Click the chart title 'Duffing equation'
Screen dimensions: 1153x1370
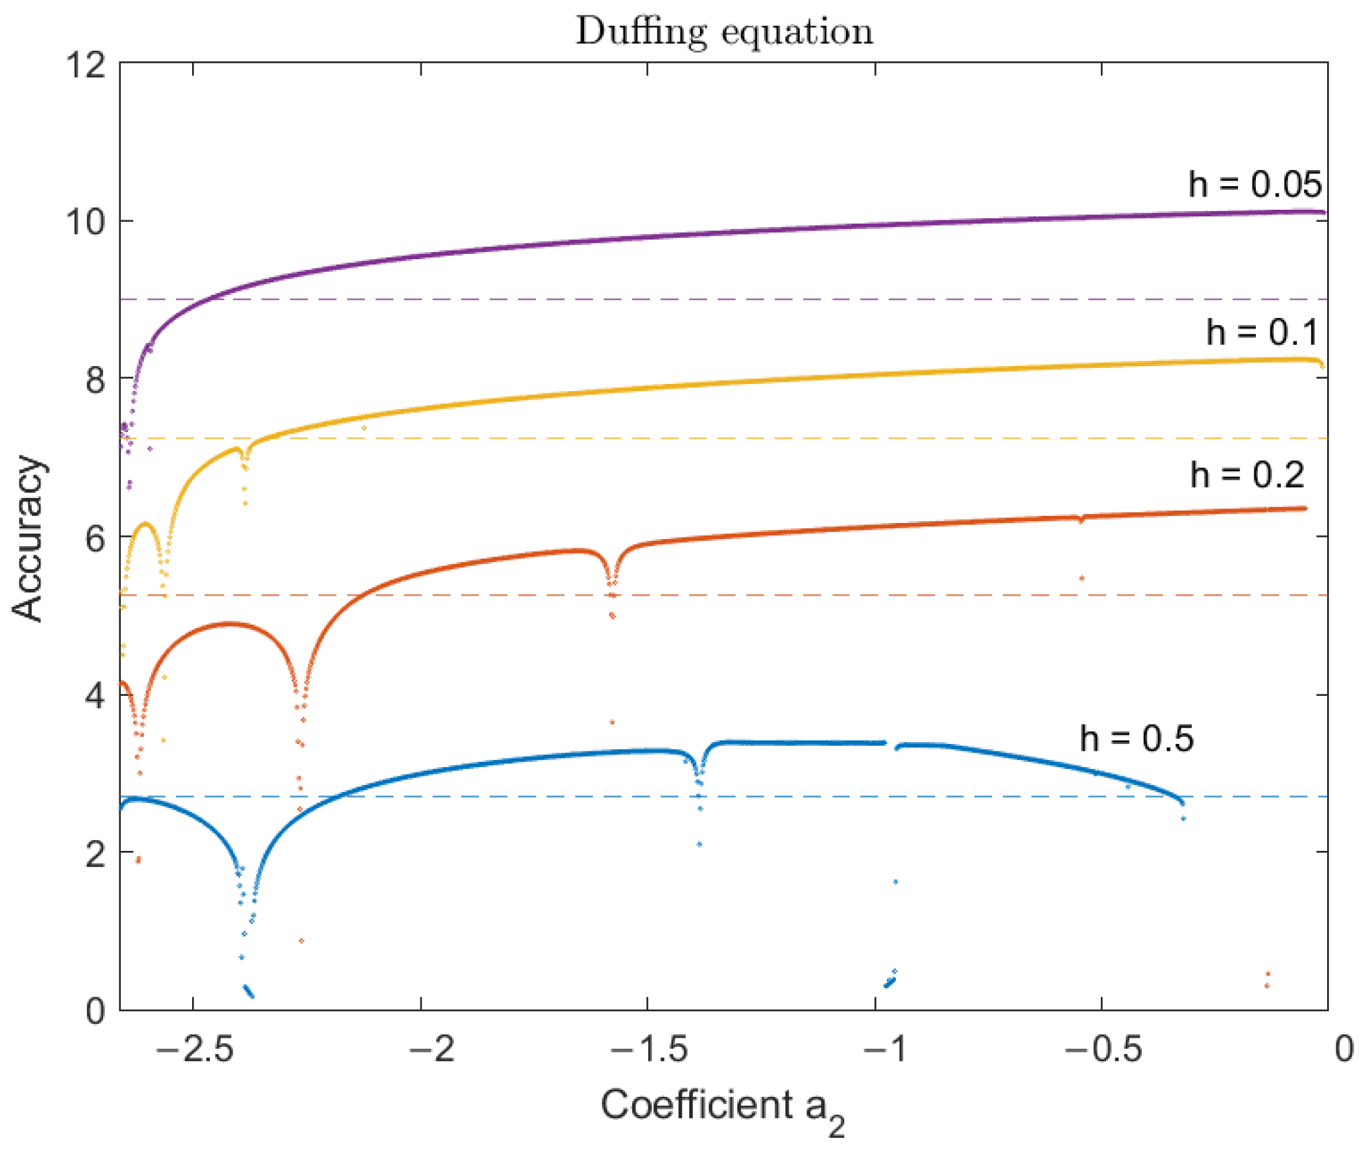point(724,32)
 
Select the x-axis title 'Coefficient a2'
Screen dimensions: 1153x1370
point(723,1107)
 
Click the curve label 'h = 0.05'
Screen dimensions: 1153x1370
point(1255,184)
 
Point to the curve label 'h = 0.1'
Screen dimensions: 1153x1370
point(1261,332)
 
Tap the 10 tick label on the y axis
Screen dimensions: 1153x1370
point(85,222)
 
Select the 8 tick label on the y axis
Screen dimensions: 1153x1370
point(95,379)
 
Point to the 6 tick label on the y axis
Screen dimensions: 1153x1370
point(95,538)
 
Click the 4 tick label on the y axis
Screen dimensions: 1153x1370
point(95,695)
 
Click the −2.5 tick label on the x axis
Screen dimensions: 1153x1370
point(195,1048)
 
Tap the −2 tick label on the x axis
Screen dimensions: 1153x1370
point(432,1048)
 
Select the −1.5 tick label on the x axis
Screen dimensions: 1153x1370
point(649,1048)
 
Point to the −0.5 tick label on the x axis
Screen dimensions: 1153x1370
point(1103,1048)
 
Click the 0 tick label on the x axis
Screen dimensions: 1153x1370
point(1344,1048)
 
